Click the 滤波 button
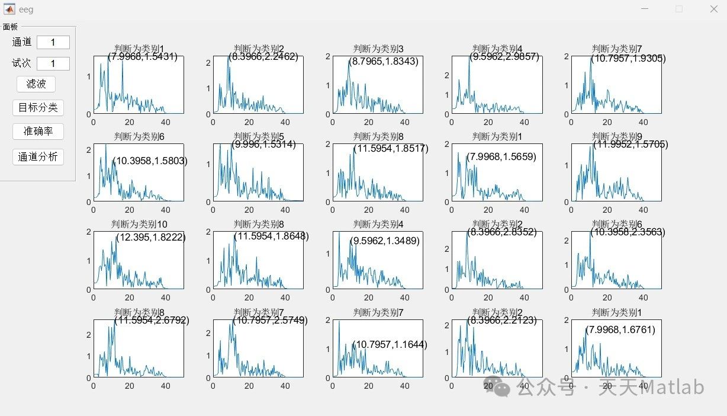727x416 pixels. [36, 84]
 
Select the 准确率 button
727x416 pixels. [38, 132]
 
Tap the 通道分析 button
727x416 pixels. [38, 157]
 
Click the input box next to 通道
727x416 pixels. [53, 43]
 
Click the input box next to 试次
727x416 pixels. [53, 63]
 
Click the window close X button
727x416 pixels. [713, 9]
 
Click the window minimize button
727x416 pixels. [644, 9]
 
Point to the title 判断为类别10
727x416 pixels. [139, 225]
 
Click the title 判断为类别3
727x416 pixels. [378, 49]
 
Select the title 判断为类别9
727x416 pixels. [617, 137]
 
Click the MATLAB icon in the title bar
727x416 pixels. [9, 9]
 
